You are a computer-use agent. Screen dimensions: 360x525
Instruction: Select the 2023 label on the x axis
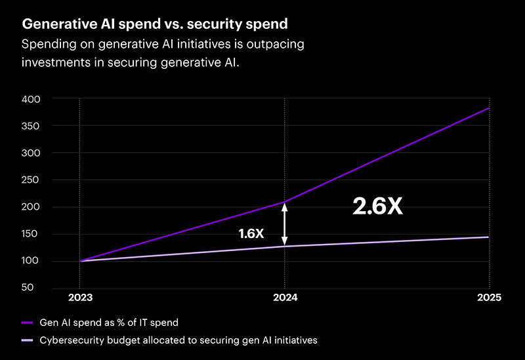point(79,298)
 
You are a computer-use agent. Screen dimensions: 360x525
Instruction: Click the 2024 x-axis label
point(285,298)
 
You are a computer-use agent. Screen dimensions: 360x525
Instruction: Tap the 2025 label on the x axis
point(489,298)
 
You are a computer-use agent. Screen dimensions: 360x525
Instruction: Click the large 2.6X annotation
point(377,207)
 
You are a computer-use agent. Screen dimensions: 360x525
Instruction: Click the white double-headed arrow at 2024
point(284,224)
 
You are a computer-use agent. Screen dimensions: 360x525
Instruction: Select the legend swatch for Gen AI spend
point(27,323)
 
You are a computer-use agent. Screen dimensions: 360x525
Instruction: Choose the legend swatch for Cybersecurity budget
point(27,340)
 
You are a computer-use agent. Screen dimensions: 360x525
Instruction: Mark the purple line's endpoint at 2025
point(489,108)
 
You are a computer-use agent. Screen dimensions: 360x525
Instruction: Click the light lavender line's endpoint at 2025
point(489,237)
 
